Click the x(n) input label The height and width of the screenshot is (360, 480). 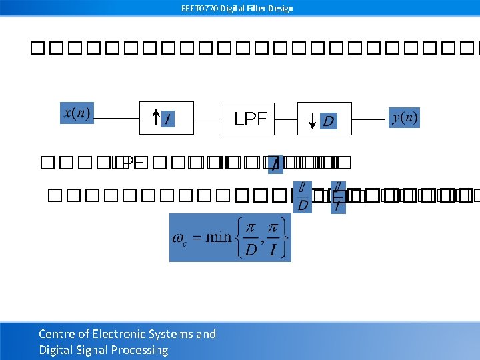tap(77, 113)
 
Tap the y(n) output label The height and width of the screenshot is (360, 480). tap(404, 118)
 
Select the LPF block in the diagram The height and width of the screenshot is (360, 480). tap(250, 119)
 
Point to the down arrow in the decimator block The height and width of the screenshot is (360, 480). tap(314, 120)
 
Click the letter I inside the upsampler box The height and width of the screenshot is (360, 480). tap(167, 120)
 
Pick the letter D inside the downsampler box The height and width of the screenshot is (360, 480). tap(328, 121)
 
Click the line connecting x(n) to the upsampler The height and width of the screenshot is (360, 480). tap(116, 119)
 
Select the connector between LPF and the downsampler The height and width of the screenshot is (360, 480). tap(285, 119)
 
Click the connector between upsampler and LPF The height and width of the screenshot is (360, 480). tap(207, 119)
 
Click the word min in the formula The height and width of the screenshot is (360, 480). tap(219, 237)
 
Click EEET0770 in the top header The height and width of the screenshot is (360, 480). tap(199, 9)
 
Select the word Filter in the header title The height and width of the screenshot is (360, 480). tap(257, 9)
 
